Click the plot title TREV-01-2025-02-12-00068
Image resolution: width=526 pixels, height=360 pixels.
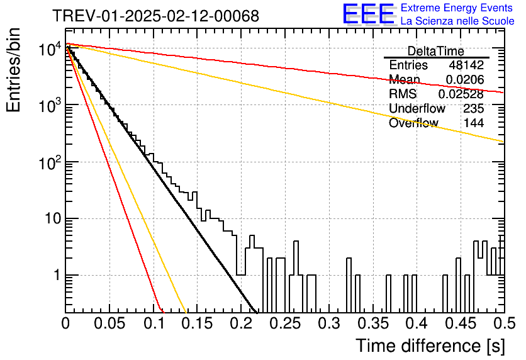pyautogui.click(x=156, y=16)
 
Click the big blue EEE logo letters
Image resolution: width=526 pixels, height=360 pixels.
pyautogui.click(x=368, y=14)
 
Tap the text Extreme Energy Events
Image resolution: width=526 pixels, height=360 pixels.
pyautogui.click(x=457, y=8)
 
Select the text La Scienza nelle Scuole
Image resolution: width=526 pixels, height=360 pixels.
pyautogui.click(x=457, y=21)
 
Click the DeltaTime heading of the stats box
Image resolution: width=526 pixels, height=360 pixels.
pyautogui.click(x=436, y=51)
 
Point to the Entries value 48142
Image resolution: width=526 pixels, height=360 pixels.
pyautogui.click(x=466, y=65)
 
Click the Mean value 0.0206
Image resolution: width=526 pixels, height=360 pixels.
pyautogui.click(x=465, y=79)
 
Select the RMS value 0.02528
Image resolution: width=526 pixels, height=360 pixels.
pyautogui.click(x=461, y=94)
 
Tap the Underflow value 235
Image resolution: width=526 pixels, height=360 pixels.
pyautogui.click(x=474, y=108)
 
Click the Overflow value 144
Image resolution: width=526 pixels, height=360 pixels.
pyautogui.click(x=474, y=123)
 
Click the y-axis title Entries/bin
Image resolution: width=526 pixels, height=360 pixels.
pyautogui.click(x=13, y=70)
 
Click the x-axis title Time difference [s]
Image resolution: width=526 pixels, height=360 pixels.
pyautogui.click(x=430, y=346)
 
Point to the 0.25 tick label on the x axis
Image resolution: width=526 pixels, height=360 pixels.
pyautogui.click(x=286, y=323)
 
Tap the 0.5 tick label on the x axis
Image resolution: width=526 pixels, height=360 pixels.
pyautogui.click(x=505, y=323)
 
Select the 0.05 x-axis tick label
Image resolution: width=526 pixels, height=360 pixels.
pyautogui.click(x=109, y=323)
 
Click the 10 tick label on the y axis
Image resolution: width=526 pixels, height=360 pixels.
pyautogui.click(x=53, y=219)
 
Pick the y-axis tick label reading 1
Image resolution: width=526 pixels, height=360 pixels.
pyautogui.click(x=57, y=276)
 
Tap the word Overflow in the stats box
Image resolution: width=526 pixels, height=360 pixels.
pyautogui.click(x=413, y=123)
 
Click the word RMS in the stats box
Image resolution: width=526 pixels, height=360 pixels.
pyautogui.click(x=403, y=94)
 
